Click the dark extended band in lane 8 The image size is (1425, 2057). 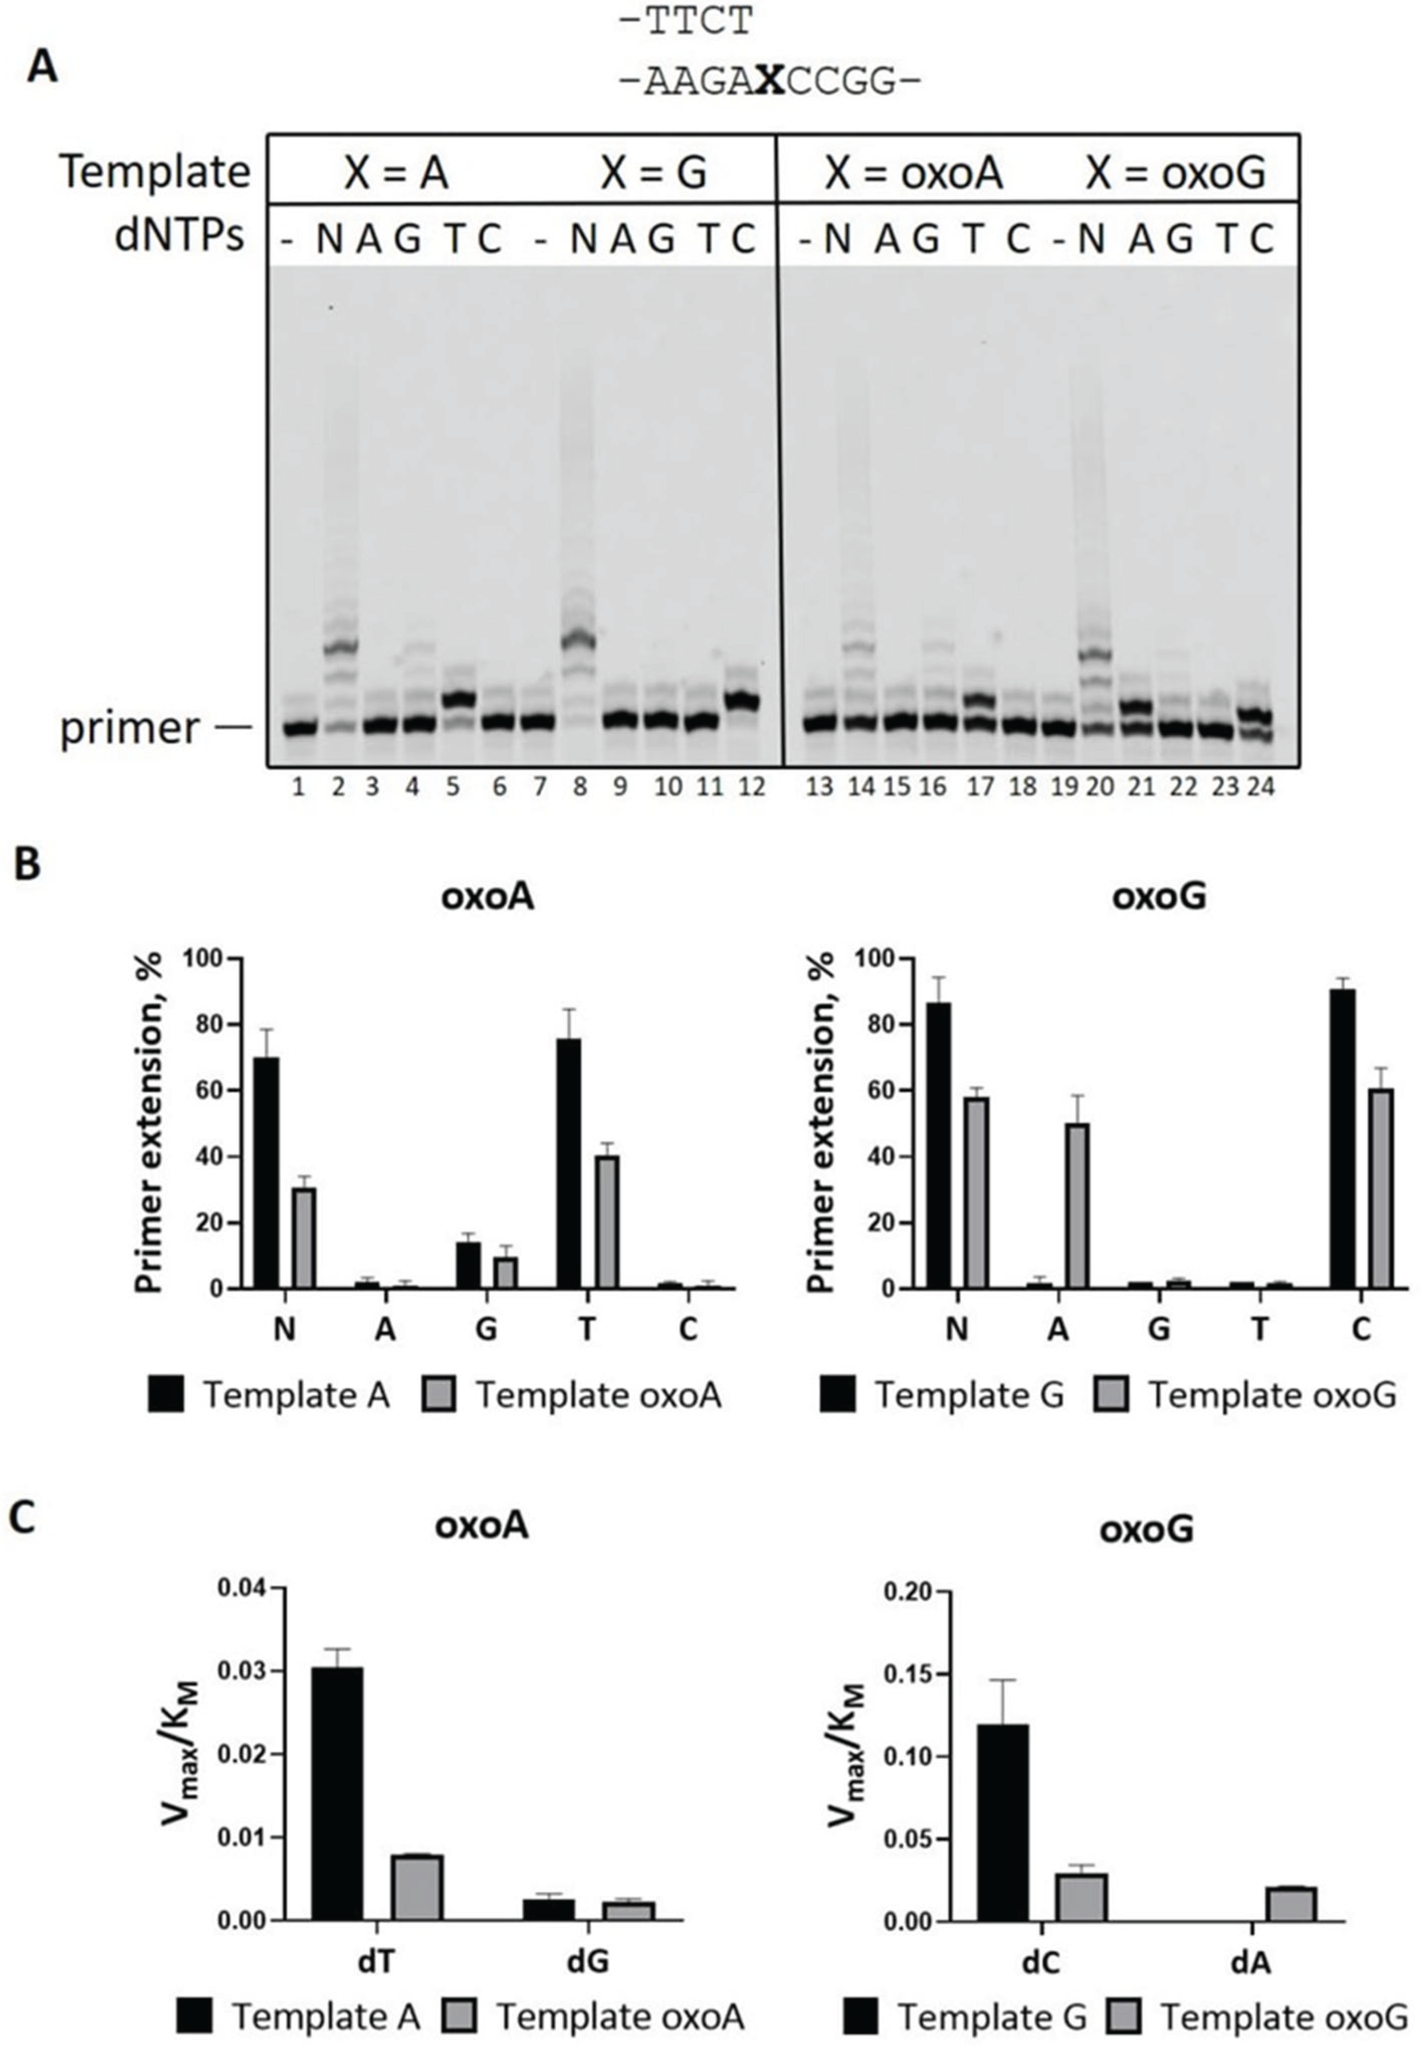(580, 640)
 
